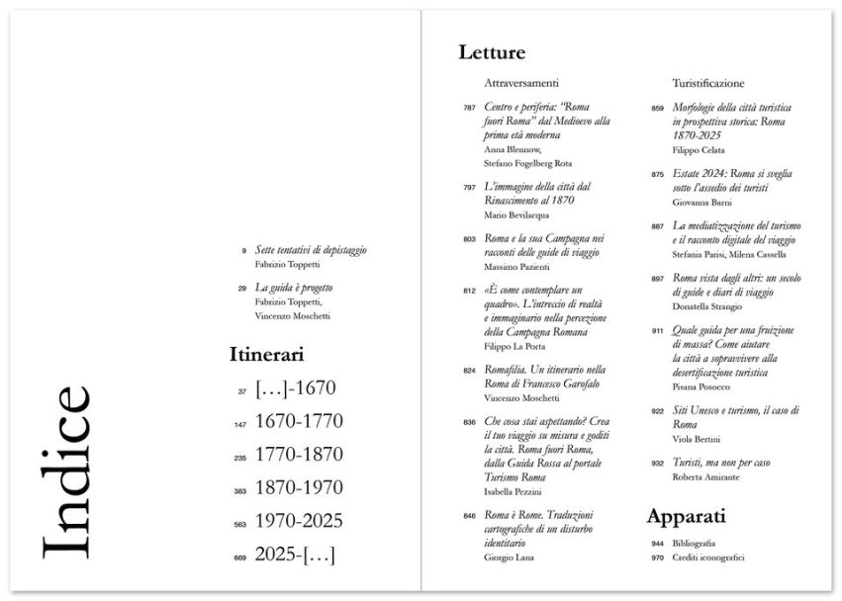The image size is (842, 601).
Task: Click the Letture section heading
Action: tap(491, 52)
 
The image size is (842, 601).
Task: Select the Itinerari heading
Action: tap(266, 353)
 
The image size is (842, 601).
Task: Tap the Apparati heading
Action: tap(687, 516)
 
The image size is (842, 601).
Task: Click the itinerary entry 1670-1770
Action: tap(299, 421)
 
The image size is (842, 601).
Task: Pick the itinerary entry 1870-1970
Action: tap(299, 487)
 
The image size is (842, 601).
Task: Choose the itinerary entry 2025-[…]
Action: tap(295, 555)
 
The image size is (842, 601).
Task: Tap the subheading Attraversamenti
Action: tap(522, 83)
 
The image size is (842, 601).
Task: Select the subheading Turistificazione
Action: tap(708, 83)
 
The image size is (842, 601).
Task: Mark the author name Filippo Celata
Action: tap(699, 149)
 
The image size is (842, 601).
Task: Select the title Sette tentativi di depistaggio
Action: tap(307, 251)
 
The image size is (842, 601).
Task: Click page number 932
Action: tap(657, 463)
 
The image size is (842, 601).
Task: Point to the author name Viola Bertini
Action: tap(699, 439)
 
